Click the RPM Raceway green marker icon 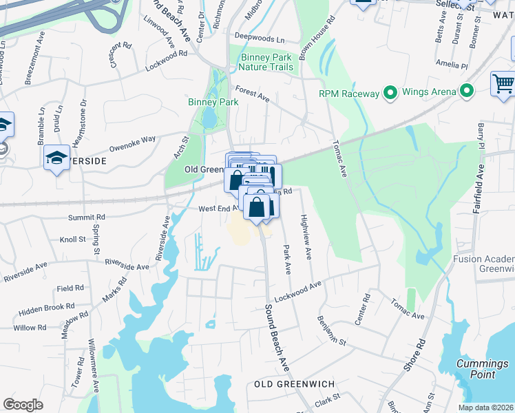[390, 92]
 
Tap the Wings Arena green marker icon [468, 91]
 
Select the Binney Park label [213, 102]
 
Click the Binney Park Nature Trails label [266, 62]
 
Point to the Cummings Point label [483, 369]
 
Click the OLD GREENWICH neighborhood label [294, 383]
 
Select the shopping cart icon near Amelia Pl [503, 84]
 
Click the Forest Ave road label [252, 94]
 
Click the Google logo [23, 405]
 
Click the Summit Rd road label [86, 217]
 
